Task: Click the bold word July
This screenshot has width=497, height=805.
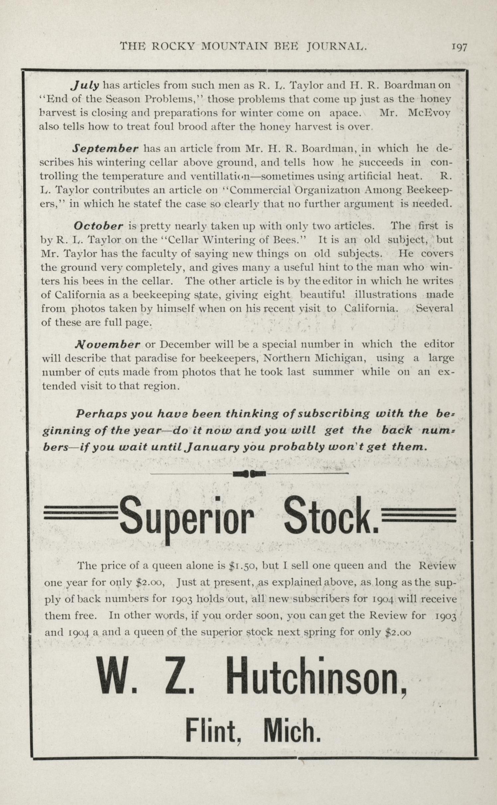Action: [x=85, y=85]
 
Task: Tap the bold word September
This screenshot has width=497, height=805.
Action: [x=105, y=148]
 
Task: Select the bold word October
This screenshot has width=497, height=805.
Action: [x=98, y=226]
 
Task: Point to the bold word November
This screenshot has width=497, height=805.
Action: [x=107, y=344]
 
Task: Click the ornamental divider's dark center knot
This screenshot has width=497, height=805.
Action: [x=249, y=473]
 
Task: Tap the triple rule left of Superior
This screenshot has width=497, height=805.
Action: [x=81, y=515]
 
